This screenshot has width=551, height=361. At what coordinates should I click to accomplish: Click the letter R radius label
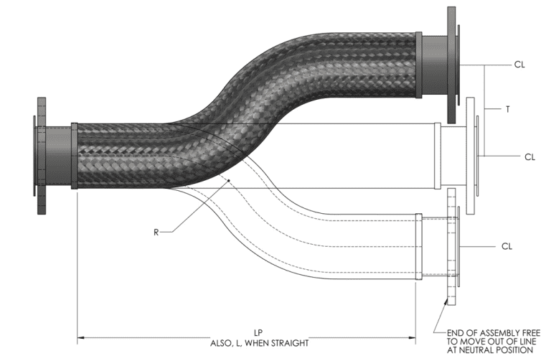tap(156, 232)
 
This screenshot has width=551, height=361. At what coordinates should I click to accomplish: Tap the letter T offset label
tap(508, 109)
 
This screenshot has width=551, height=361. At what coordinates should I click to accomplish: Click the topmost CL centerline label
tap(519, 65)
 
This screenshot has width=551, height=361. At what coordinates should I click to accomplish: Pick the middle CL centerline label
tap(529, 156)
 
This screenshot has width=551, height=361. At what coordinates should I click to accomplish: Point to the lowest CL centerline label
tap(507, 246)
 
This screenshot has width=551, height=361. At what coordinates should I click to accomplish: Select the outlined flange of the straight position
tap(471, 155)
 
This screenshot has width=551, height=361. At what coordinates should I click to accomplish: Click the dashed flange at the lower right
tap(451, 245)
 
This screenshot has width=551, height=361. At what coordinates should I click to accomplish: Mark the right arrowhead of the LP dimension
tap(413, 336)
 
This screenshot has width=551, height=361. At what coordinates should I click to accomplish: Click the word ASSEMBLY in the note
tap(481, 332)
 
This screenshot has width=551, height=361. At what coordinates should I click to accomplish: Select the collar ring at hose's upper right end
tap(418, 65)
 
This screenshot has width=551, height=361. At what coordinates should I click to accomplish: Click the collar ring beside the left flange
tap(75, 156)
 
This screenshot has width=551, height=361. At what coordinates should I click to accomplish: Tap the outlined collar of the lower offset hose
tap(419, 246)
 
